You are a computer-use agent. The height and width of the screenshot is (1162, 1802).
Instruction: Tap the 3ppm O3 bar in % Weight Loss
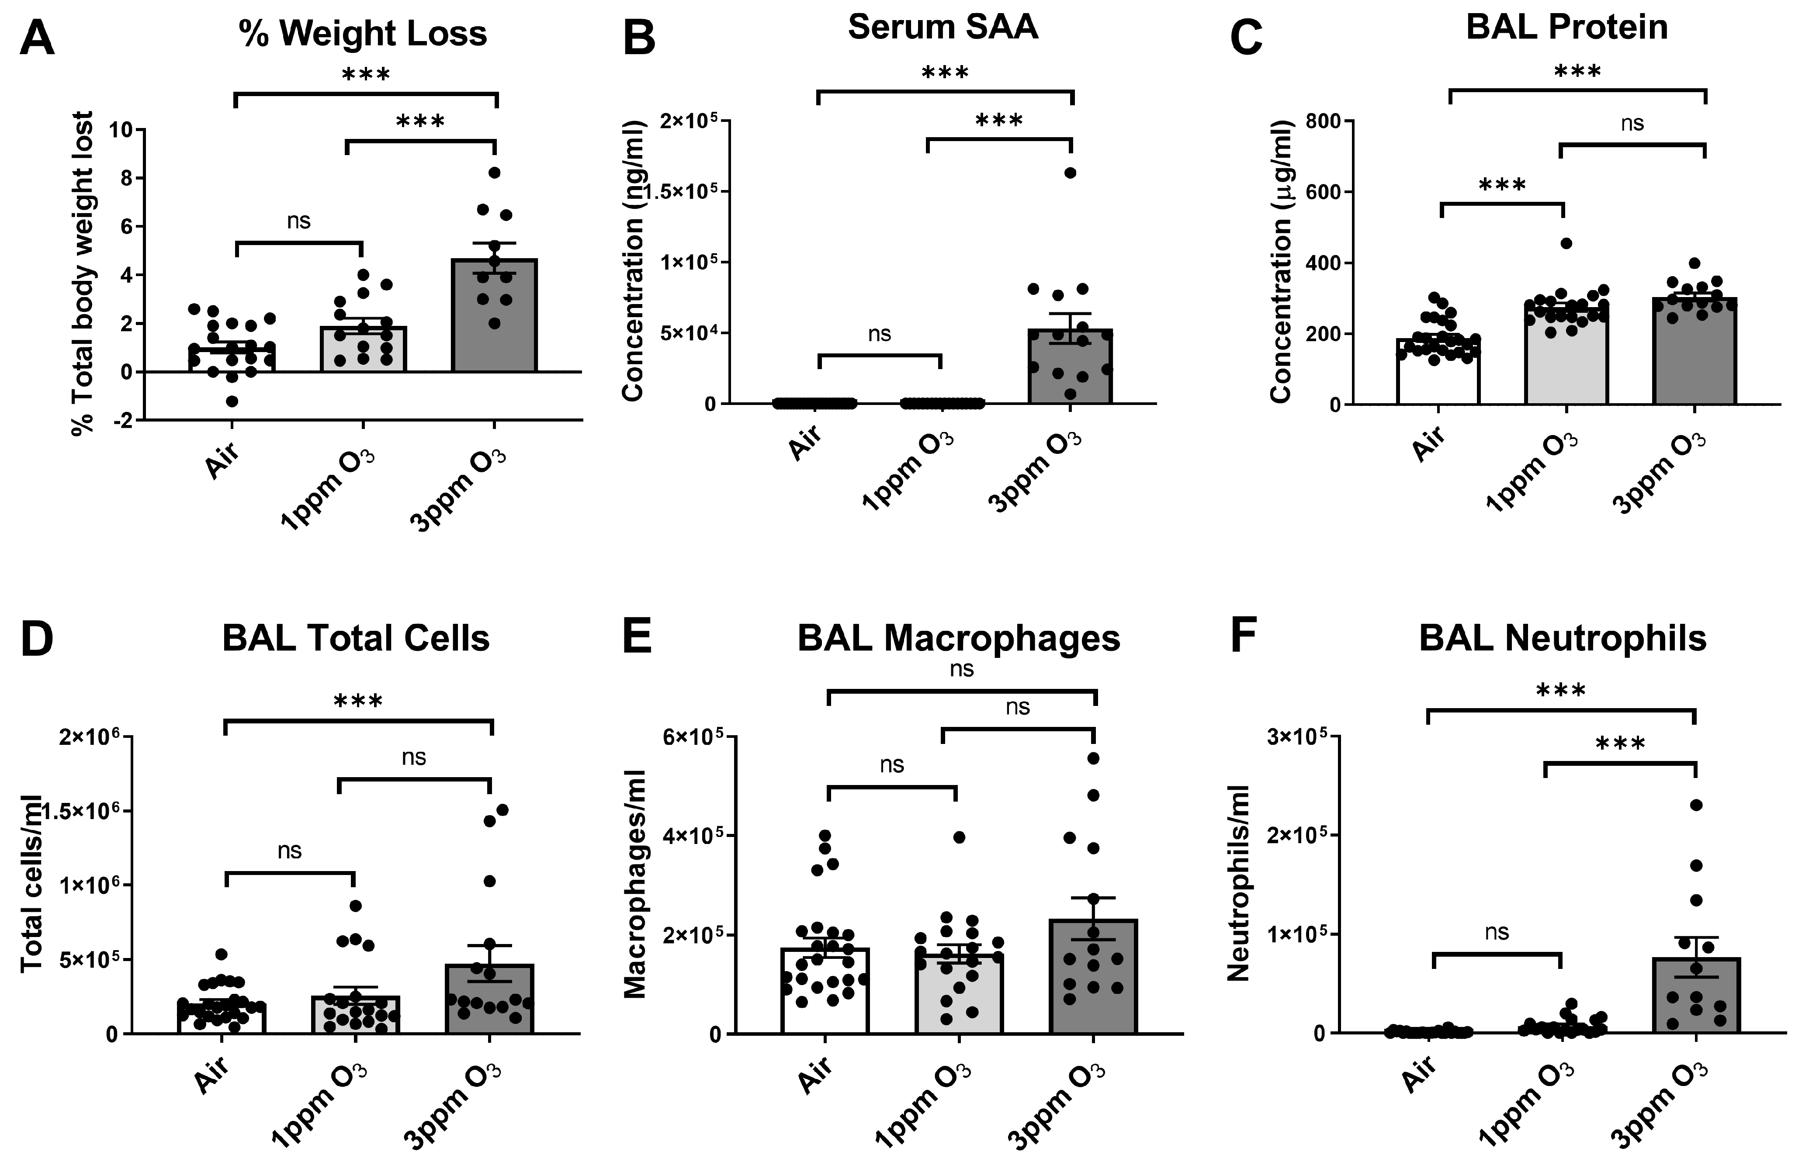(x=494, y=316)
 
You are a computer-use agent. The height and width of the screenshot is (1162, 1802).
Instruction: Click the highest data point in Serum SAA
(x=1070, y=173)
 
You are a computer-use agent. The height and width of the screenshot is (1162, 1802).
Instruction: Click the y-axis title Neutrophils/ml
(x=1238, y=883)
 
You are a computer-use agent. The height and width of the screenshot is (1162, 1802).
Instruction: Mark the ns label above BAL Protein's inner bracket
(x=1632, y=124)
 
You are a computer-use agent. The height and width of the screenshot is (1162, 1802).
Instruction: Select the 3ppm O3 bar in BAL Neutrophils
(x=1695, y=996)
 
